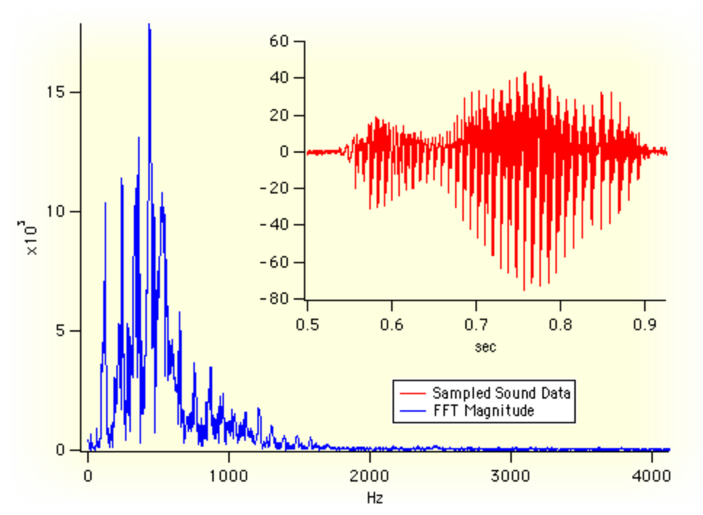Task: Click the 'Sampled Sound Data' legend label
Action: click(502, 393)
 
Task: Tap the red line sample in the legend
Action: click(411, 393)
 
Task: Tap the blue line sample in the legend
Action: click(411, 411)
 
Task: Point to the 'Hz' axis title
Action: click(375, 498)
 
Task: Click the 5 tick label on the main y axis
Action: click(64, 331)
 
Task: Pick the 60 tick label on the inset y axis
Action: click(281, 41)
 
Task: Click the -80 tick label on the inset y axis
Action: click(277, 299)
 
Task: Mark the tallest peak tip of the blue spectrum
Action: click(149, 25)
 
